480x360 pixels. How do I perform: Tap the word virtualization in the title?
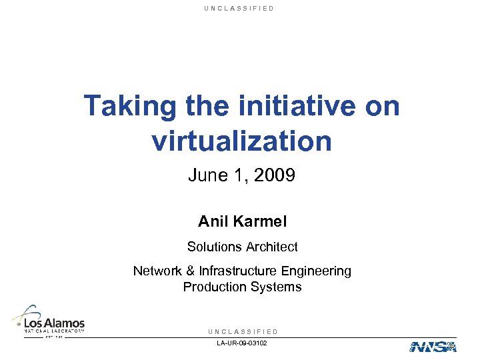point(241,141)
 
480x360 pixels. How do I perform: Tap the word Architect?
point(271,247)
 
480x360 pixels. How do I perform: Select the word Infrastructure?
point(238,271)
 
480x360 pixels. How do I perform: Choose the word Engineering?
point(316,271)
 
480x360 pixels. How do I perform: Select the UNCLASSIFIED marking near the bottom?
point(243,331)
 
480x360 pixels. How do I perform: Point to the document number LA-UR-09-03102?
point(242,343)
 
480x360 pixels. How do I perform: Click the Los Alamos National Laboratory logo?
point(48,321)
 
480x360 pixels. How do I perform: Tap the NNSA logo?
point(432,346)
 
